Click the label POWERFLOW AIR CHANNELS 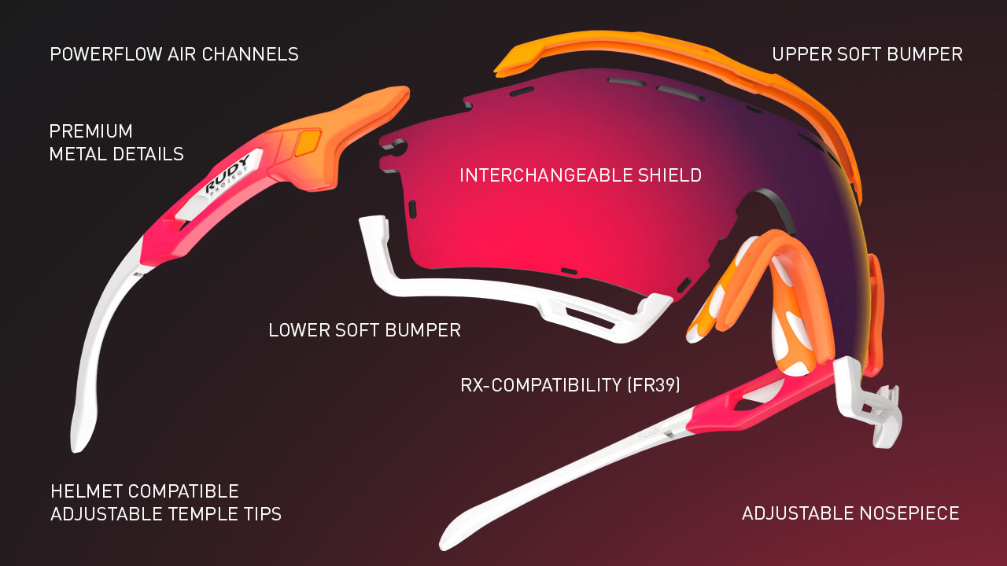[x=174, y=54]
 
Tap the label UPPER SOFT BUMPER [x=867, y=54]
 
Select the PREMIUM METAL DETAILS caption [x=116, y=142]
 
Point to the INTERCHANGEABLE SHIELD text [x=581, y=175]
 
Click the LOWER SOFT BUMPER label [x=364, y=330]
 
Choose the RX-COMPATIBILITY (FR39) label [x=570, y=385]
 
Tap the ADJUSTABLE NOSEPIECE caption [x=850, y=514]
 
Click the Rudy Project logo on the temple [x=227, y=180]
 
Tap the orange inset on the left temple [x=308, y=143]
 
